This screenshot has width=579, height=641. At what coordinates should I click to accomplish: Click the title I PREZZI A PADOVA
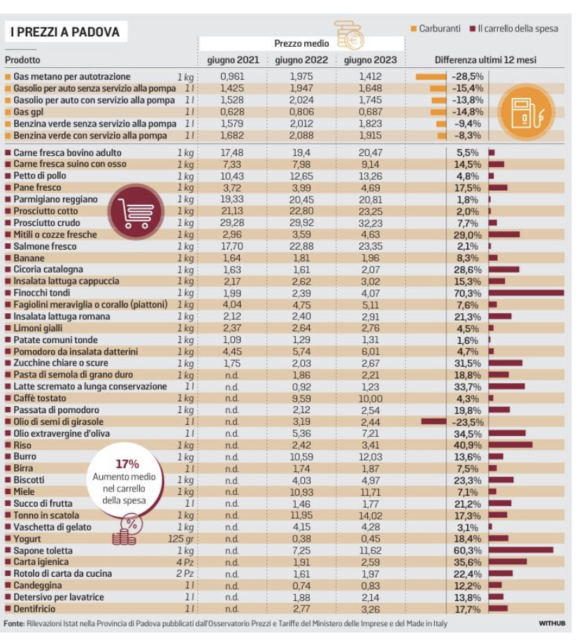[65, 32]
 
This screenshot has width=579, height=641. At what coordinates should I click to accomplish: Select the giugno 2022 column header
[301, 60]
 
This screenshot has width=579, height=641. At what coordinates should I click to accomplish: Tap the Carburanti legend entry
[436, 28]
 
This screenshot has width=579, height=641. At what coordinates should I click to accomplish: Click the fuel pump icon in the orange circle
[527, 112]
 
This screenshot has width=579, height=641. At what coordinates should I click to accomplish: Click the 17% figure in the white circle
[127, 464]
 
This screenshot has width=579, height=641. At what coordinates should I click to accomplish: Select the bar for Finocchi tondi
[527, 293]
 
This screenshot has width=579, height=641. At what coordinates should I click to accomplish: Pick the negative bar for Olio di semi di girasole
[434, 422]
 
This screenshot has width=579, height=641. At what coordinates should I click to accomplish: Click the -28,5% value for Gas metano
[467, 76]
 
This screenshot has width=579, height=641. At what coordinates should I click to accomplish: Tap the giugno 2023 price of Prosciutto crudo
[371, 223]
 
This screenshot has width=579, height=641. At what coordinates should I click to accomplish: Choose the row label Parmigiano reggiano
[56, 199]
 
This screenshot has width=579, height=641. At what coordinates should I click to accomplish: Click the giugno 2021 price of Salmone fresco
[232, 247]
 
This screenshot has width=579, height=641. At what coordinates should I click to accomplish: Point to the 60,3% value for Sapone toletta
[468, 551]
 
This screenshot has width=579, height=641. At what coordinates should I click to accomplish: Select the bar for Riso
[510, 445]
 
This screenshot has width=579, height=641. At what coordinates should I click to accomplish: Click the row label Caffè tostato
[40, 398]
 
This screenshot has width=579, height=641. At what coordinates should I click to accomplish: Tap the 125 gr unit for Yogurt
[180, 539]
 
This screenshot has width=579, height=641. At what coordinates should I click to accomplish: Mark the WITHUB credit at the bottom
[552, 624]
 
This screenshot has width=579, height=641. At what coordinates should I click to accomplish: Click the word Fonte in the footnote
[14, 624]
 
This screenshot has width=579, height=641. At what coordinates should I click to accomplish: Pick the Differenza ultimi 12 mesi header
[485, 60]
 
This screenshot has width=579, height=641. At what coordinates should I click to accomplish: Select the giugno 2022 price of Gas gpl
[301, 112]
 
